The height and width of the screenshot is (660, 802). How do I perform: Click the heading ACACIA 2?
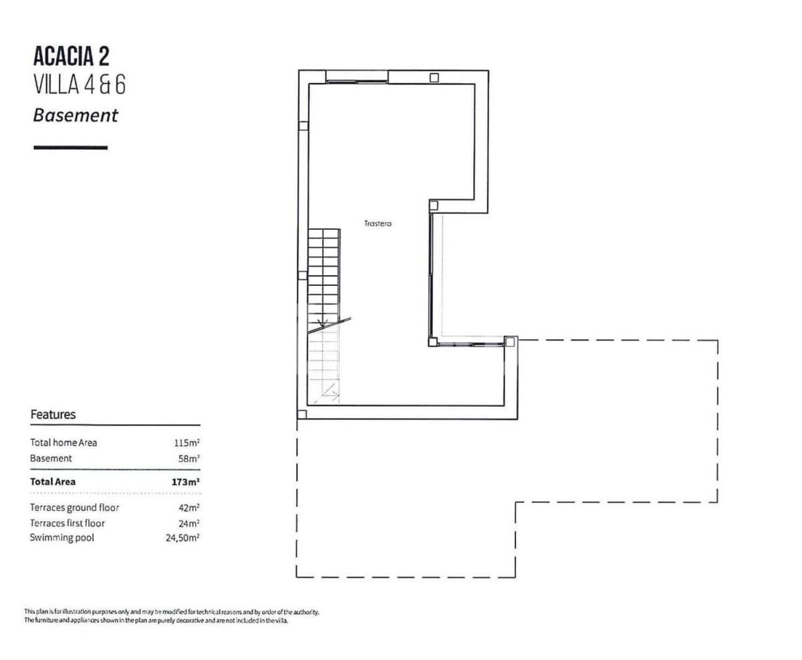(72, 57)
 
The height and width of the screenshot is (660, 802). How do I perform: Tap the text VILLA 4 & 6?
(80, 84)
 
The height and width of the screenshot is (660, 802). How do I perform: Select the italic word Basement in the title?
(76, 115)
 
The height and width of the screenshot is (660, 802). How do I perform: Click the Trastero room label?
(378, 224)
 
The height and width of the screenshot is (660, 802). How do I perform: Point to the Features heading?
(53, 414)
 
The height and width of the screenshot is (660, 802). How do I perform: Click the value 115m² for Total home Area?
(186, 442)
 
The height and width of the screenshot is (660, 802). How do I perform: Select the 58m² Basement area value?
(189, 458)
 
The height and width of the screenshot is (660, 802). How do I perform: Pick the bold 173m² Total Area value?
(186, 482)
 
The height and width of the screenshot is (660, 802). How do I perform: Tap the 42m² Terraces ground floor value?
(189, 508)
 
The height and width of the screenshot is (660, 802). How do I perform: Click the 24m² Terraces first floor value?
(189, 524)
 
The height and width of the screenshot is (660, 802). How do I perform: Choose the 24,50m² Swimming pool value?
(182, 538)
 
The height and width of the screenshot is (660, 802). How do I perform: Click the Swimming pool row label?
(61, 538)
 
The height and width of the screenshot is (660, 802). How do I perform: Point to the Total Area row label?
(53, 482)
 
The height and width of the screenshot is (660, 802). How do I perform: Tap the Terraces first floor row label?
(68, 524)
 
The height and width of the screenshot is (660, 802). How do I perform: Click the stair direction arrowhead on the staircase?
(323, 323)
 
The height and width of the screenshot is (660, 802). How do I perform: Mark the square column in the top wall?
(434, 78)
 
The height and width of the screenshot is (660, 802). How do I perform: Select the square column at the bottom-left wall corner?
(301, 414)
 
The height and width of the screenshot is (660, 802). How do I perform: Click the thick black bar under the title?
(71, 148)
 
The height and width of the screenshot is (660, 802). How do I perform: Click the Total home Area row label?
(63, 442)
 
